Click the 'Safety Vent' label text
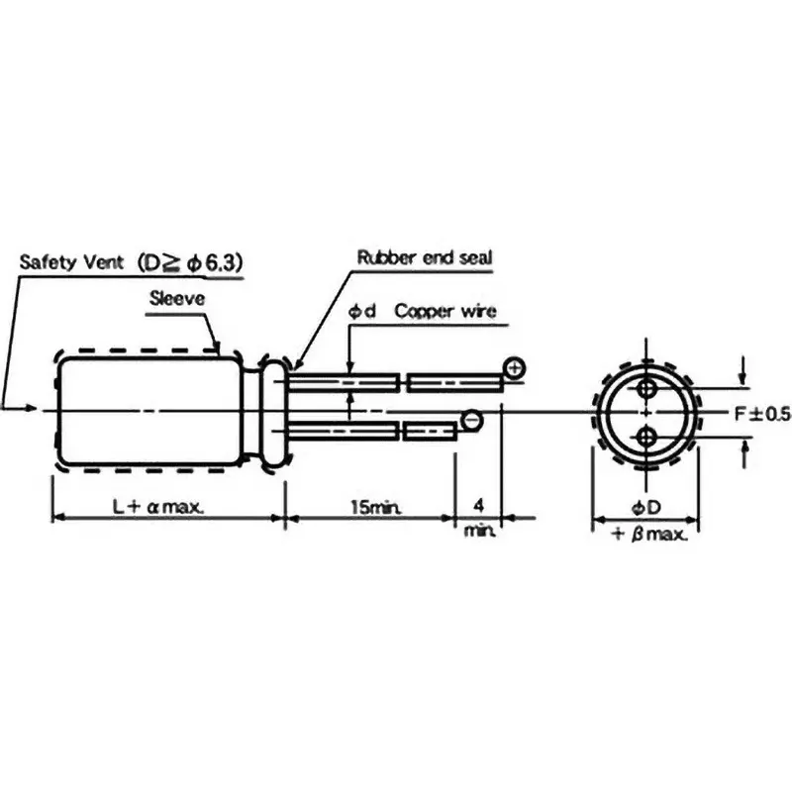coord(71,262)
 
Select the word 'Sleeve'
coord(177,299)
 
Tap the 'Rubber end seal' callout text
coord(425,257)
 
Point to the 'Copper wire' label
coord(445,311)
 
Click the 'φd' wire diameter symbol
coord(362,311)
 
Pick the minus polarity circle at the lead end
coord(472,420)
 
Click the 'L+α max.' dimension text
coord(158,507)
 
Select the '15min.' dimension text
coord(376,507)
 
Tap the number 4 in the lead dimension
coord(479,505)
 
